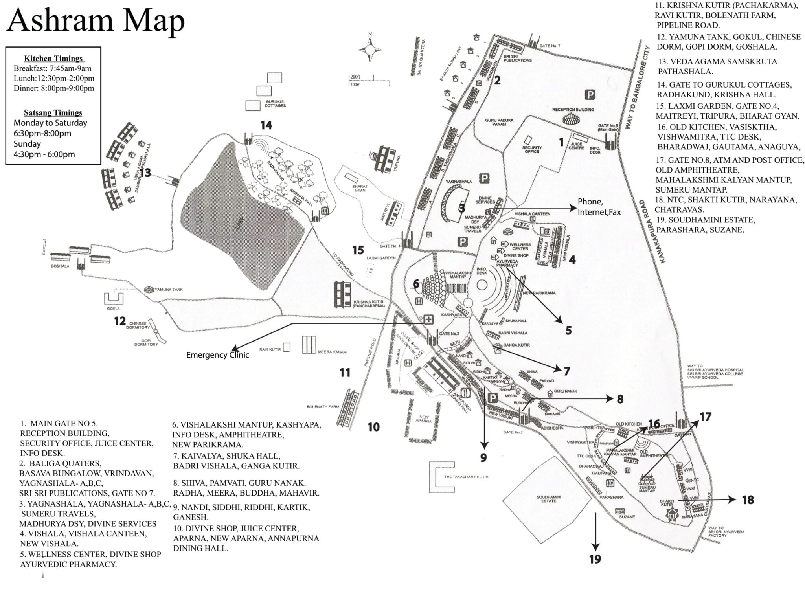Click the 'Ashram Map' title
(x=96, y=20)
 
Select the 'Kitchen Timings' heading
(x=53, y=59)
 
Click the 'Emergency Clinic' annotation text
(x=217, y=355)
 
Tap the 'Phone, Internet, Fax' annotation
(x=599, y=207)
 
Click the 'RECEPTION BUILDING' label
(x=573, y=110)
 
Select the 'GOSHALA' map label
(x=60, y=266)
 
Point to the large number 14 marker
(x=266, y=125)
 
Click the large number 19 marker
(x=595, y=559)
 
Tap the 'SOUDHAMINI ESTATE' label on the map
(x=549, y=499)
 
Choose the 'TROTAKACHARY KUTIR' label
(x=466, y=477)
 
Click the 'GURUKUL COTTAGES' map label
(x=275, y=103)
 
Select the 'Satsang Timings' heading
(x=53, y=113)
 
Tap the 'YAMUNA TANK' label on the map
(x=169, y=290)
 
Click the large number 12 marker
(x=120, y=321)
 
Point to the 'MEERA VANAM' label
(x=332, y=352)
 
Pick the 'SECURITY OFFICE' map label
(x=532, y=149)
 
